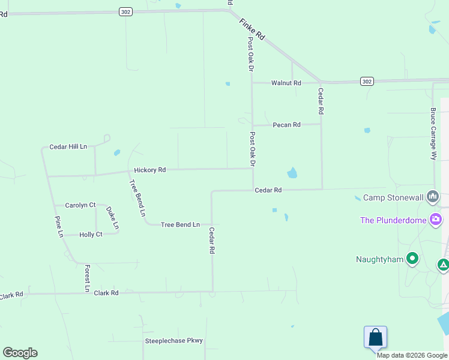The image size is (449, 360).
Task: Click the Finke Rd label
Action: pyautogui.click(x=252, y=29)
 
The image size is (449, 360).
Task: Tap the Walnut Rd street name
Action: pyautogui.click(x=286, y=83)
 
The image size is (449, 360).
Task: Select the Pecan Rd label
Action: pyautogui.click(x=286, y=125)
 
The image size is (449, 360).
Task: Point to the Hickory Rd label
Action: pyautogui.click(x=149, y=170)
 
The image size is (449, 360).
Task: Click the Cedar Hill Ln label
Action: pyautogui.click(x=68, y=146)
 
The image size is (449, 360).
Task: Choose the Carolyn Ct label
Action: pyautogui.click(x=80, y=205)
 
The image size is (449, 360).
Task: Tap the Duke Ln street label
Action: pyautogui.click(x=112, y=217)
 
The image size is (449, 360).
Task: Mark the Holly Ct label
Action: pyautogui.click(x=91, y=235)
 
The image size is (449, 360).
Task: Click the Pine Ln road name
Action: pyautogui.click(x=59, y=226)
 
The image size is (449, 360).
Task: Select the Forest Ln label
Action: pyautogui.click(x=88, y=278)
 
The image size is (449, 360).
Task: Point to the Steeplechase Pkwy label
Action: pyautogui.click(x=174, y=341)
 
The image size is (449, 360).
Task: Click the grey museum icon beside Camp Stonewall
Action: pyautogui.click(x=433, y=197)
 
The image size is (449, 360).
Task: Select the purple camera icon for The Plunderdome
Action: pyautogui.click(x=436, y=220)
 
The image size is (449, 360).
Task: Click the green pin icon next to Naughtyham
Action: pyautogui.click(x=412, y=259)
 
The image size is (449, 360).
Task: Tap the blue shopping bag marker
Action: pyautogui.click(x=375, y=337)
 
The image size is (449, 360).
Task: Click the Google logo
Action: pyautogui.click(x=20, y=353)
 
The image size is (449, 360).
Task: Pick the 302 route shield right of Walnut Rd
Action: pyautogui.click(x=367, y=81)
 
